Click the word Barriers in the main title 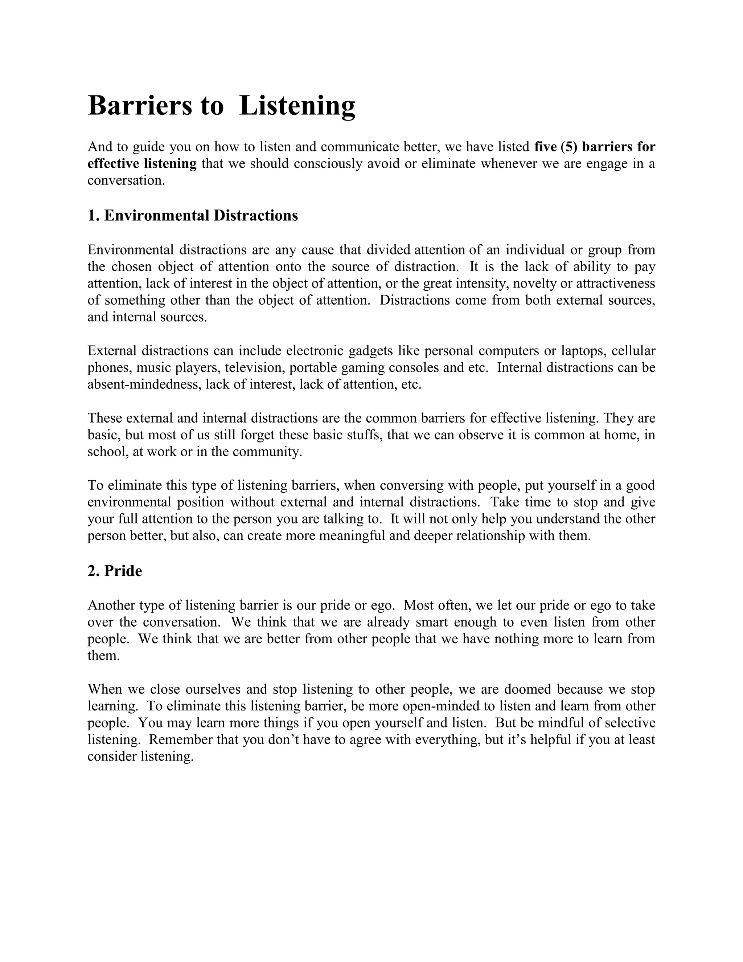[140, 106]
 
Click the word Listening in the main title [297, 106]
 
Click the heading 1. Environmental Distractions [193, 215]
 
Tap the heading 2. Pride [115, 571]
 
